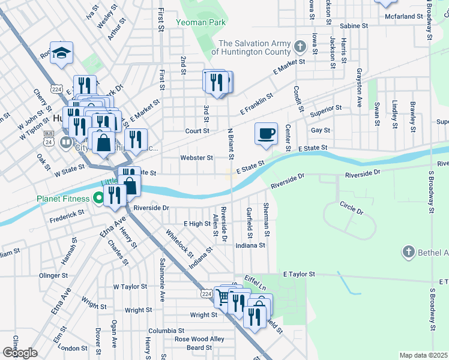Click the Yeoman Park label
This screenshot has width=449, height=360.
click(x=201, y=22)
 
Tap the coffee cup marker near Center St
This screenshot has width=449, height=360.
click(x=266, y=133)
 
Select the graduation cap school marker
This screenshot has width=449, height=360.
click(x=61, y=53)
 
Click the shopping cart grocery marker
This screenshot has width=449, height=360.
click(x=223, y=296)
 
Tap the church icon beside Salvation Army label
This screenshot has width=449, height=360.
click(x=300, y=45)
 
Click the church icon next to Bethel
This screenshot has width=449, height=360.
click(x=408, y=252)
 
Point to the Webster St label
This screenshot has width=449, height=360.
click(x=197, y=158)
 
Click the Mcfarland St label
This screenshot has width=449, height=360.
click(x=404, y=16)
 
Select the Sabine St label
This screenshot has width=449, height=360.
click(x=354, y=26)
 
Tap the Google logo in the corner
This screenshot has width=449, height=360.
click(x=19, y=353)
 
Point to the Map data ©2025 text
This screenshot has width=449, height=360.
click(x=423, y=355)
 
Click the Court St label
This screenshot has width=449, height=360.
click(x=197, y=130)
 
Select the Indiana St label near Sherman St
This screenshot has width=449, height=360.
click(x=250, y=245)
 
